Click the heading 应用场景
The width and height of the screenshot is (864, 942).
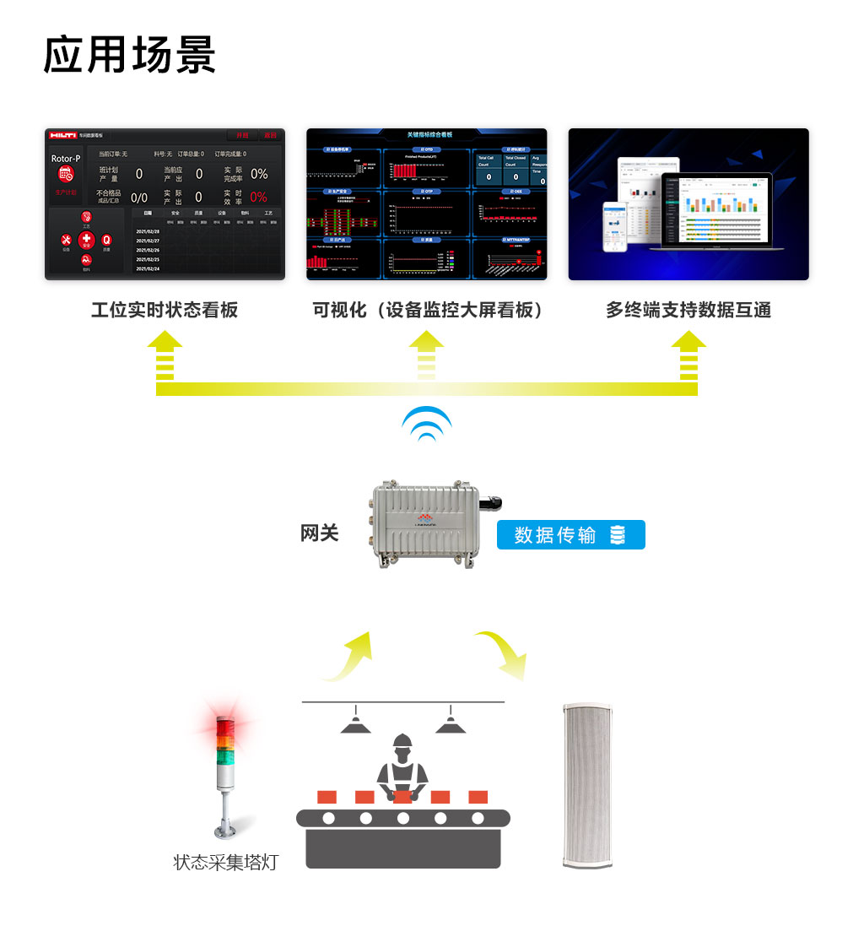coord(129,55)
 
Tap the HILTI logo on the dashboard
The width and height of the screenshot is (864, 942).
coord(63,135)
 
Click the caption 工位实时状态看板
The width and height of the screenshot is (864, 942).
coord(165,310)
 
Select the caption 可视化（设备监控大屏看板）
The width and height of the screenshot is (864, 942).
coord(427,310)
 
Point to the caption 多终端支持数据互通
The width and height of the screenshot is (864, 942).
coord(688,310)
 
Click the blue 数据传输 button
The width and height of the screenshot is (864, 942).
coord(570,535)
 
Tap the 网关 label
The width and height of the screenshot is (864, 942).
coord(320,533)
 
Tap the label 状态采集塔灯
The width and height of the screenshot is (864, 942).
coord(225,862)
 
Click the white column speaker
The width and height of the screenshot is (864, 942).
coord(587,784)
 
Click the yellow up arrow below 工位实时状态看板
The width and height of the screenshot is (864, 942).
coord(165,355)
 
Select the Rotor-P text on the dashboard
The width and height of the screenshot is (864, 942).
coord(66,159)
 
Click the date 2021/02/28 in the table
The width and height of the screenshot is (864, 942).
coord(148,231)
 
